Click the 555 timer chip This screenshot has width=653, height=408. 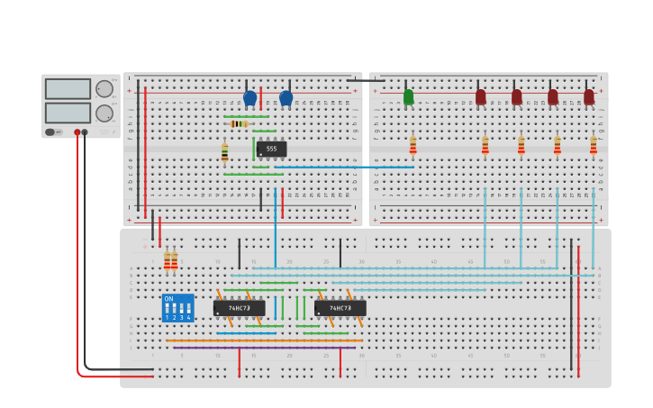[271, 149]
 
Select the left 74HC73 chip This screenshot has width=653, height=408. [239, 308]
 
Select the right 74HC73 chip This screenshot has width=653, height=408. [340, 308]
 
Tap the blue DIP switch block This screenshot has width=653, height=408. [177, 307]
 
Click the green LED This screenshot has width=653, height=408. [408, 96]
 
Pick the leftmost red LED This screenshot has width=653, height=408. [480, 96]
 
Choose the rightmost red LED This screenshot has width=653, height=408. [588, 96]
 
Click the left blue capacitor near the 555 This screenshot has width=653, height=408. [249, 97]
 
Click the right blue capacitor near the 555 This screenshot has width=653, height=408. [286, 97]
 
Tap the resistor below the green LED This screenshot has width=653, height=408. [413, 145]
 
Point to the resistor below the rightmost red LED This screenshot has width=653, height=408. [593, 145]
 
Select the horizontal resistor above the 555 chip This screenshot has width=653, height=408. [239, 123]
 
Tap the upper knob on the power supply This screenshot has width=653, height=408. [104, 89]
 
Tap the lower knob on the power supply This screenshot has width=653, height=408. [104, 113]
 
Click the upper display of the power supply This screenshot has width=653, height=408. [68, 89]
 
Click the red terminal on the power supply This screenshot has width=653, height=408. [77, 132]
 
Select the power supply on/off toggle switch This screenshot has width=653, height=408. [51, 132]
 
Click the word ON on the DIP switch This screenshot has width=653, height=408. [168, 298]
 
